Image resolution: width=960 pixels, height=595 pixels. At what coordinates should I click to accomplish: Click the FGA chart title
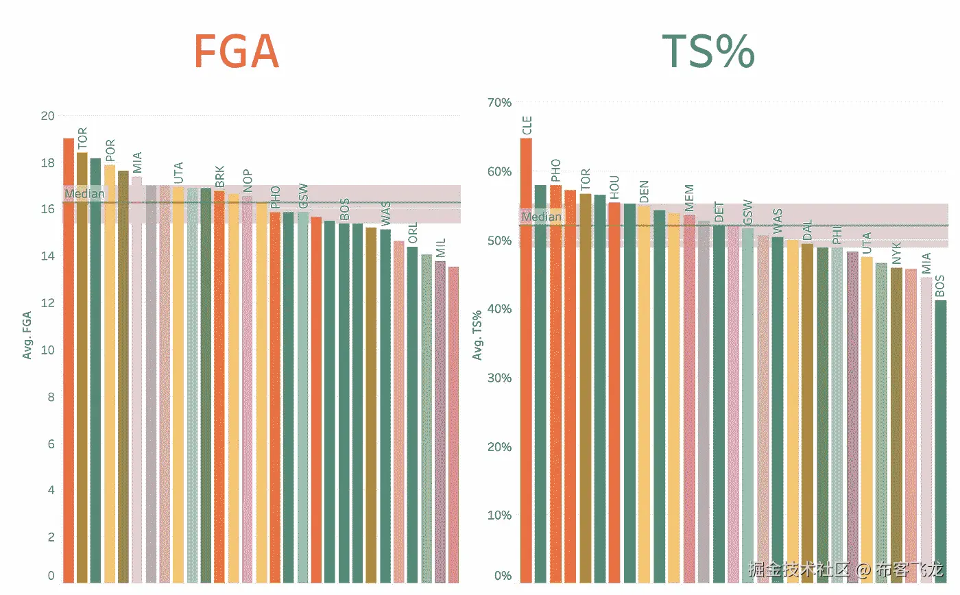(237, 51)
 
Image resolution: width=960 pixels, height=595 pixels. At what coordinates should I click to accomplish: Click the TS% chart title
(708, 51)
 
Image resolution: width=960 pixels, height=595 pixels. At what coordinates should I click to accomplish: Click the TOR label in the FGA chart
(82, 139)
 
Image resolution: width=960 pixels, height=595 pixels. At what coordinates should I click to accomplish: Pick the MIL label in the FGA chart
(440, 248)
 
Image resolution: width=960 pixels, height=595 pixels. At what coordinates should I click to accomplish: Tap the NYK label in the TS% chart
(896, 254)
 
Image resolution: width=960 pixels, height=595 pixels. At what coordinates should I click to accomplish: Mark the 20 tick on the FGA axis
(47, 115)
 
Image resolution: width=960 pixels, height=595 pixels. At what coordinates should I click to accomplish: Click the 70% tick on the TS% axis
(499, 103)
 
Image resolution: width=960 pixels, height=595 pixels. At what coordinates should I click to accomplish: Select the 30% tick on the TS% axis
(499, 378)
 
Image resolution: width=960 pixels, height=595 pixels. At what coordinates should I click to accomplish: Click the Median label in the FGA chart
(84, 194)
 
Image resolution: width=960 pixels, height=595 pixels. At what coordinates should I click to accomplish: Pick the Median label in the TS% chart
(541, 217)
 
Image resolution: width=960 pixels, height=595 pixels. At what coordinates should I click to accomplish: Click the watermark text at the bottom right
(846, 570)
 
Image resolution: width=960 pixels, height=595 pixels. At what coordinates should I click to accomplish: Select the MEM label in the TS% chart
(689, 199)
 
